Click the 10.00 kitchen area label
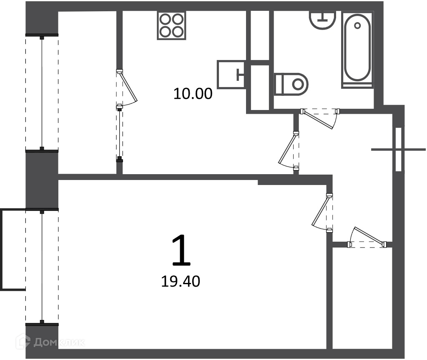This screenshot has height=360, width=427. point(193,93)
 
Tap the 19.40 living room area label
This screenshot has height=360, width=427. point(181,281)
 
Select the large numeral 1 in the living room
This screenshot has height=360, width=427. point(181,250)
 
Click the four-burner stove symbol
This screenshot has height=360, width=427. point(171,25)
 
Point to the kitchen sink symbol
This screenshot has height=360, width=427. point(231,74)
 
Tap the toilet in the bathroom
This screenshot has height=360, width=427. point(291,84)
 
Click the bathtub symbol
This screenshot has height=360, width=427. point(357,50)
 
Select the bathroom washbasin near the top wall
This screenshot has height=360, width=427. point(323,20)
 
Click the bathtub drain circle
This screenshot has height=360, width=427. point(357,25)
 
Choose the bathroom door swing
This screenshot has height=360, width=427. point(320,118)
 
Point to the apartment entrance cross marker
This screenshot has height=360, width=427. point(398,150)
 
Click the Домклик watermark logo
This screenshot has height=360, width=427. point(50,342)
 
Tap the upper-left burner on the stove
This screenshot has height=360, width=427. point(166,19)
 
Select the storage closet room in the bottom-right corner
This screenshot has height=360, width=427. point(362,298)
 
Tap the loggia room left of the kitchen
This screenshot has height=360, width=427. point(87,92)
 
